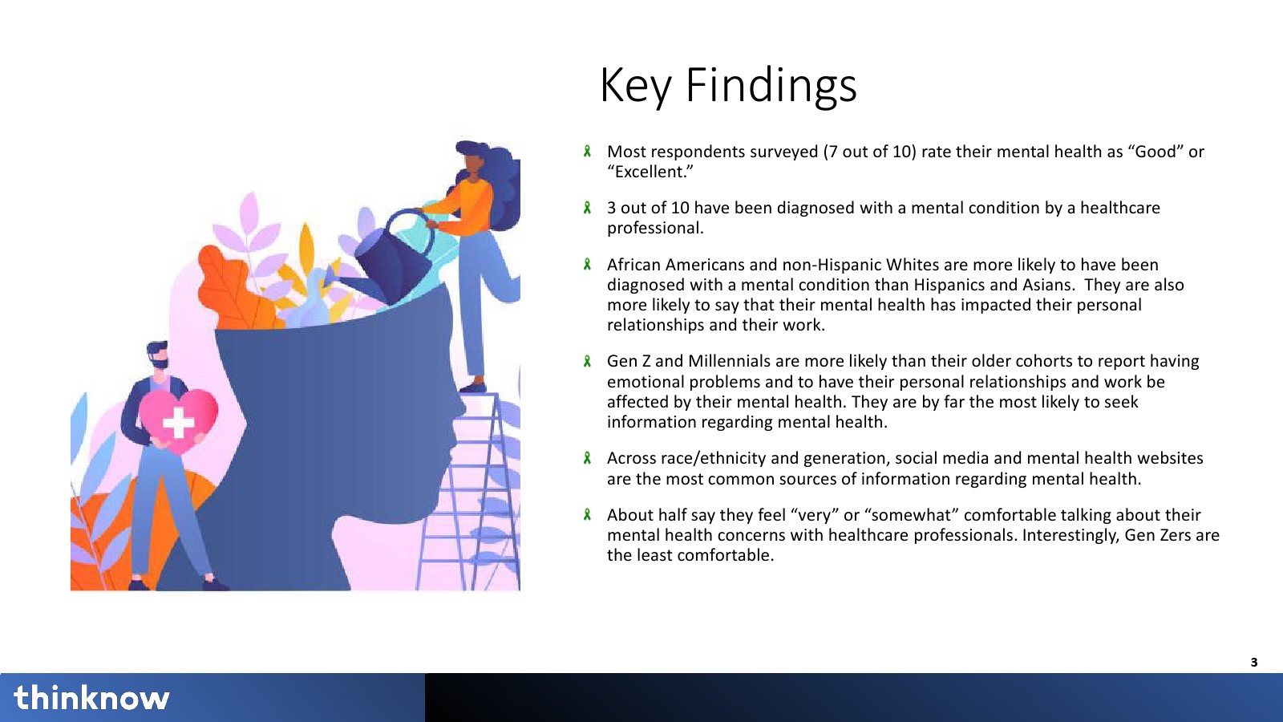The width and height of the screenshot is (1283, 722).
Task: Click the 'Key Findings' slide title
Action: (x=728, y=85)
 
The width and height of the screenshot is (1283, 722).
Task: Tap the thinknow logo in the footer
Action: (x=91, y=697)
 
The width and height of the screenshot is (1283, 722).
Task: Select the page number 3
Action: (x=1254, y=663)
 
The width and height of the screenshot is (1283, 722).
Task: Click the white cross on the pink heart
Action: (x=179, y=423)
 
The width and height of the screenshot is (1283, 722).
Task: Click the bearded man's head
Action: (x=157, y=355)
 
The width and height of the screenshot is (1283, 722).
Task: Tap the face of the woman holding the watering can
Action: (x=474, y=163)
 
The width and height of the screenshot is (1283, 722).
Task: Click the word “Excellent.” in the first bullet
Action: (x=650, y=172)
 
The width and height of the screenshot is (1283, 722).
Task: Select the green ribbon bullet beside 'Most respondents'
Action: (x=587, y=152)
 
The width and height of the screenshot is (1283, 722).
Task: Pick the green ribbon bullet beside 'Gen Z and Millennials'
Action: (x=587, y=361)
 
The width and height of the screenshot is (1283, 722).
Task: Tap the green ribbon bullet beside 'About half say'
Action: (x=587, y=514)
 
